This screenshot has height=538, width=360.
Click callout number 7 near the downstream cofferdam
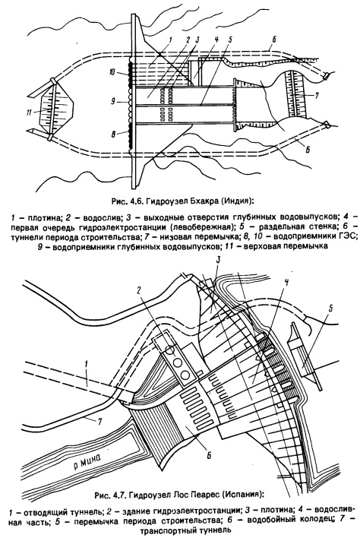coord(316,96)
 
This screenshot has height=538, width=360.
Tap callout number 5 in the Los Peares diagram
coord(330,307)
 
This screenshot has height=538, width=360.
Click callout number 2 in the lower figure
coord(137,291)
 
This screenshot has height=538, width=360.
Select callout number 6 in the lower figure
coord(209,455)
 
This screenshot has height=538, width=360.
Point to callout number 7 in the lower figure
coord(100,422)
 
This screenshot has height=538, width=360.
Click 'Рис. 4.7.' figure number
coord(109,495)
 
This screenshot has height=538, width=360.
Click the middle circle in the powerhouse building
coord(177,362)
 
